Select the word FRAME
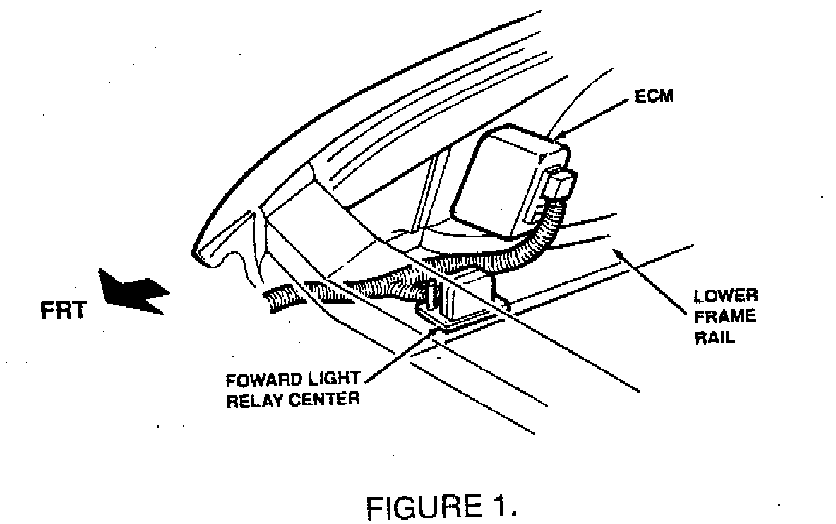[x=724, y=317]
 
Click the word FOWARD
[x=262, y=379]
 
